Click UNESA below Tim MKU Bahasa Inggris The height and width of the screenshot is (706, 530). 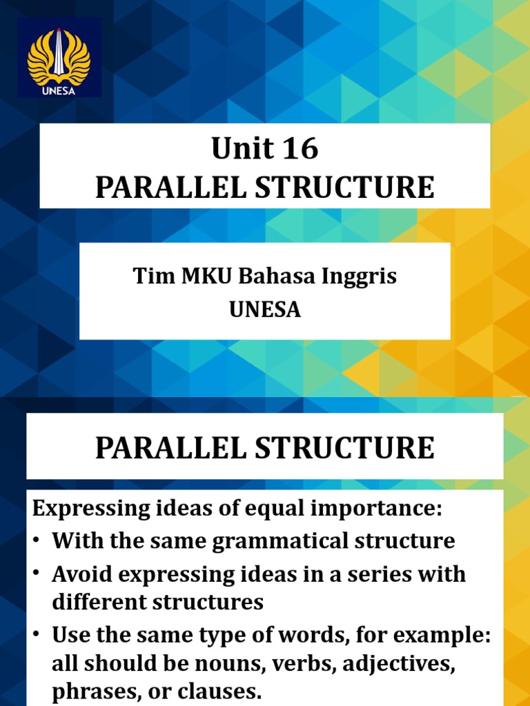click(x=265, y=310)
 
